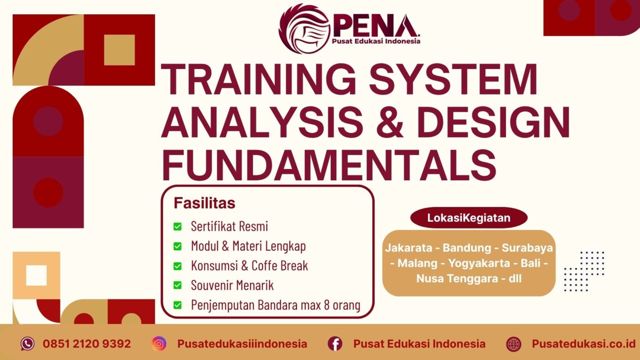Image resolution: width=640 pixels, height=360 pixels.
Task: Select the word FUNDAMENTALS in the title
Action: click(x=329, y=165)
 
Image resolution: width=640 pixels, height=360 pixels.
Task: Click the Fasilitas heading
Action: click(x=204, y=203)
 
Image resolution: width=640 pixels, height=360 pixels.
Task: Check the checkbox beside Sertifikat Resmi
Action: click(x=178, y=227)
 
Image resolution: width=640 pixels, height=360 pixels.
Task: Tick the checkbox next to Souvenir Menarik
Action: click(x=178, y=285)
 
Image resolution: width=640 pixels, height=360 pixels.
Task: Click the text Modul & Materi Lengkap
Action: click(x=248, y=246)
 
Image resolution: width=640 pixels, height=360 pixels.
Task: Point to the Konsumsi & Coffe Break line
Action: click(x=249, y=265)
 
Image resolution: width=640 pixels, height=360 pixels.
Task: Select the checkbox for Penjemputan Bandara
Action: click(x=178, y=305)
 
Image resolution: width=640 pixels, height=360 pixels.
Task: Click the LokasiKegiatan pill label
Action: click(x=469, y=218)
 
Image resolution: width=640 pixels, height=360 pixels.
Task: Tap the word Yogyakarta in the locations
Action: click(x=479, y=263)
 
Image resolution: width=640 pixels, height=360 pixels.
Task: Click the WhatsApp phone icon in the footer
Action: click(x=28, y=344)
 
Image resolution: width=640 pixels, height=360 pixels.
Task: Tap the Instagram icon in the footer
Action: click(x=159, y=344)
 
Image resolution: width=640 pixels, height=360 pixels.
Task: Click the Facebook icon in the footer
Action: click(x=335, y=344)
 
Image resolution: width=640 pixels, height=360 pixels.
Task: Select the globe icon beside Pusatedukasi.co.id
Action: click(x=513, y=344)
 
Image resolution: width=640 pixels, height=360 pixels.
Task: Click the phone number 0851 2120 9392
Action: click(x=87, y=344)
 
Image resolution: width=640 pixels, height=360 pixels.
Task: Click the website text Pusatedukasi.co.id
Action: click(x=583, y=344)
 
